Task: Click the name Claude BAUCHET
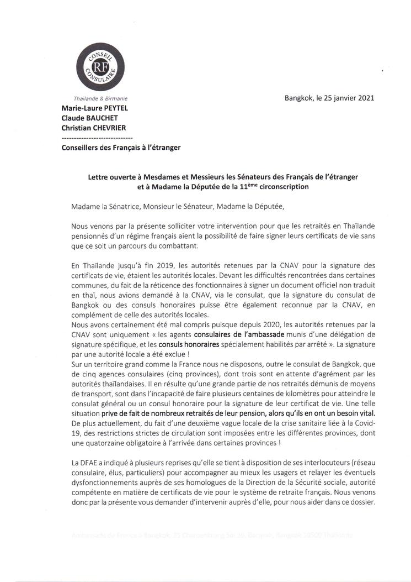[88, 118]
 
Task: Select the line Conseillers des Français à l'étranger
[121, 147]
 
